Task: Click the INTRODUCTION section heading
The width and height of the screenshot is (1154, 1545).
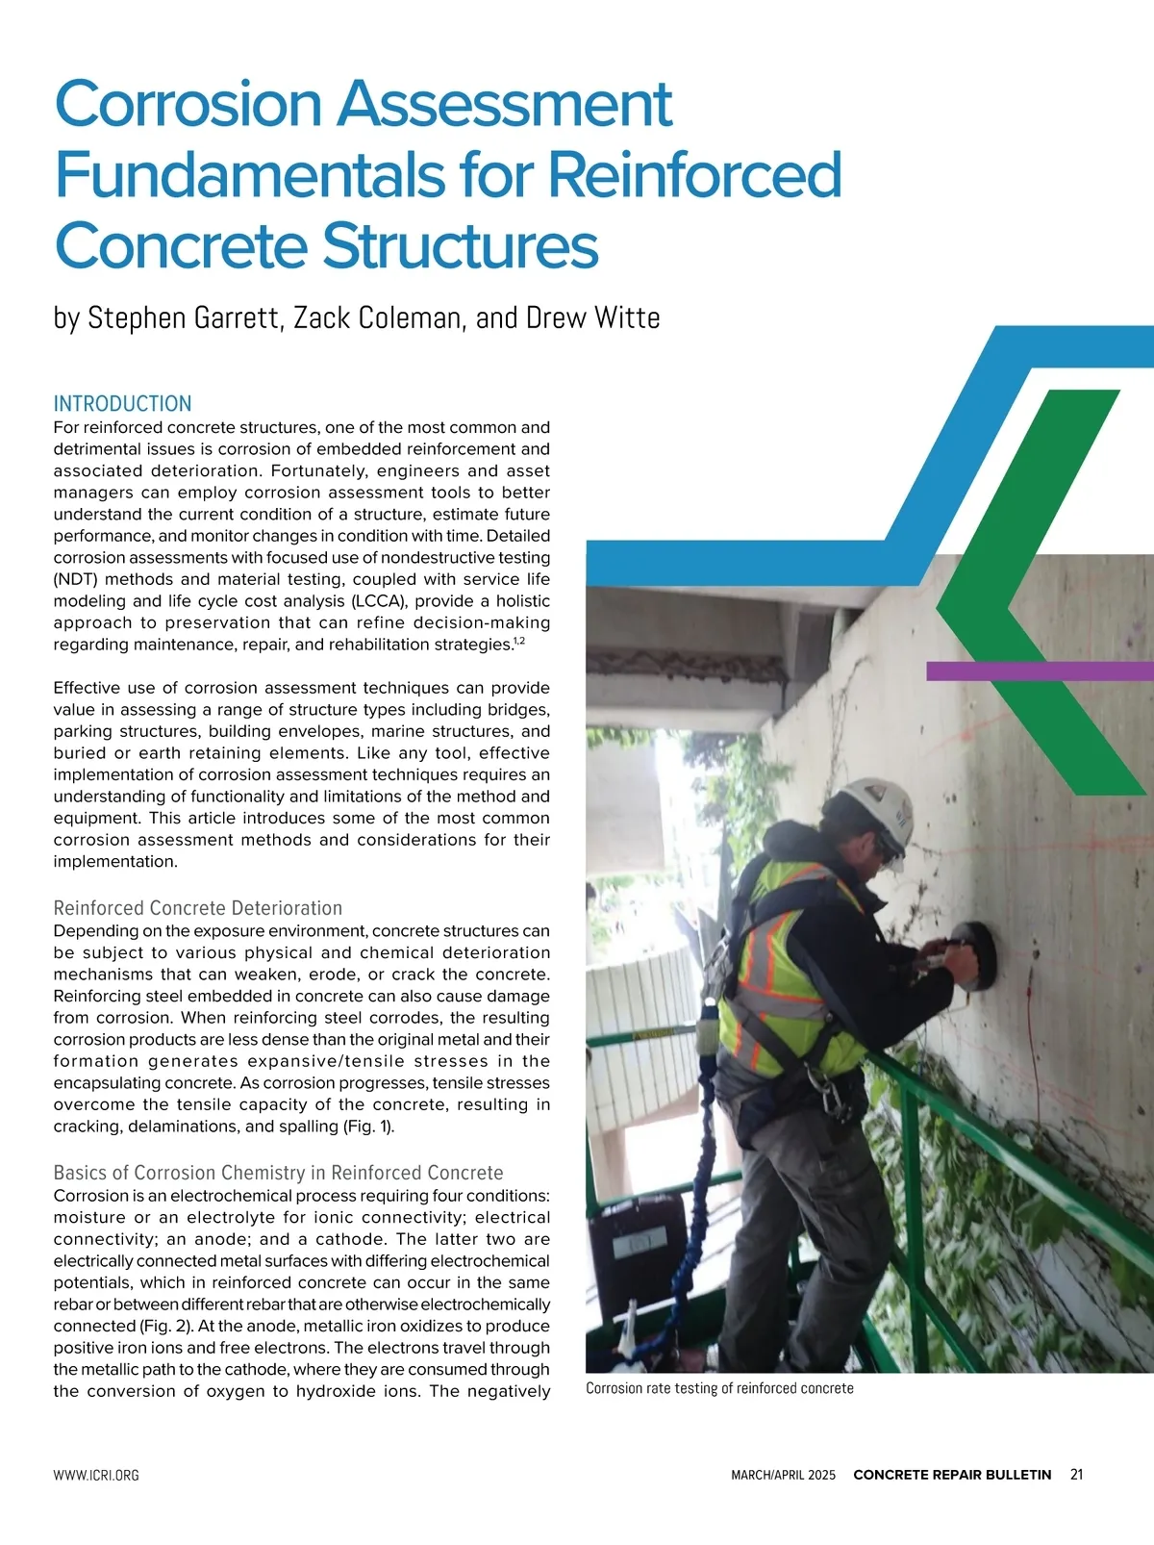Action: tap(122, 404)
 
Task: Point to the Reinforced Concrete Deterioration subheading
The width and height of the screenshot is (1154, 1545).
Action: tap(197, 908)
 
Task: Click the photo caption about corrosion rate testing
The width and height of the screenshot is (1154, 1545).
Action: tap(719, 1388)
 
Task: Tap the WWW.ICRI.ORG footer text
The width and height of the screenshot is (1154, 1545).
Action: tap(96, 1475)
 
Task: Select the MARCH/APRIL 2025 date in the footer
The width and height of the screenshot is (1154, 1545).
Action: tap(783, 1475)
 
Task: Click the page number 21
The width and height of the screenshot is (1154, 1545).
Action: tap(1076, 1475)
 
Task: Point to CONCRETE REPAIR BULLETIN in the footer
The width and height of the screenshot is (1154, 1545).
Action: tap(952, 1475)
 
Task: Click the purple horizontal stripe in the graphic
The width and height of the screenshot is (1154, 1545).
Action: tap(1039, 671)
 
